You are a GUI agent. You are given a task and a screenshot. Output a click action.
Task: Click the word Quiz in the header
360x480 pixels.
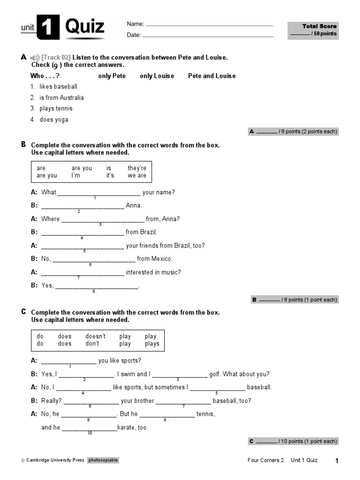[x=84, y=27]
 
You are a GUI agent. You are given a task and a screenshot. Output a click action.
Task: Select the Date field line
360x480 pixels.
[x=207, y=36]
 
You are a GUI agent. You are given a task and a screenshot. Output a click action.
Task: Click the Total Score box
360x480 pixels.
[x=313, y=30]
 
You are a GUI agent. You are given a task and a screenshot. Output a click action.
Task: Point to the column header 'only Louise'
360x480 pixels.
[x=157, y=76]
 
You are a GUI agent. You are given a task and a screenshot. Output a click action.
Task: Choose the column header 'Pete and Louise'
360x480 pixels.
[x=212, y=76]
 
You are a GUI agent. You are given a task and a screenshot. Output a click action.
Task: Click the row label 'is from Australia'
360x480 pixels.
[x=61, y=97]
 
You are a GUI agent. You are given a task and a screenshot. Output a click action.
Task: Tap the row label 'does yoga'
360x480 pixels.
[x=53, y=120]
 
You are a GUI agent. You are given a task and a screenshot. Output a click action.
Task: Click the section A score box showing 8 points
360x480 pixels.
[x=293, y=132]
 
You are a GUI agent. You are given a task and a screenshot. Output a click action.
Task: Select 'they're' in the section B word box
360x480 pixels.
[x=137, y=168]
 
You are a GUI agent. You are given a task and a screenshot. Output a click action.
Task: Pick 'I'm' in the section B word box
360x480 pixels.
[x=76, y=175]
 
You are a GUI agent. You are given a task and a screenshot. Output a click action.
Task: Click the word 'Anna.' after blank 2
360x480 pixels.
[x=134, y=205]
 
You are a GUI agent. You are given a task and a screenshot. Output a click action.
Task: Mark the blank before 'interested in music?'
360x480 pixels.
[x=82, y=273]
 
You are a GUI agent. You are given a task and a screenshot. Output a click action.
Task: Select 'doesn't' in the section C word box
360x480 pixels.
[x=96, y=336]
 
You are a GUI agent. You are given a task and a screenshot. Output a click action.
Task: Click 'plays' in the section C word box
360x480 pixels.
[x=152, y=344]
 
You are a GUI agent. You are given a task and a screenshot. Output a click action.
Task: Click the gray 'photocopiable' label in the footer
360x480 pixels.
[x=103, y=460]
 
